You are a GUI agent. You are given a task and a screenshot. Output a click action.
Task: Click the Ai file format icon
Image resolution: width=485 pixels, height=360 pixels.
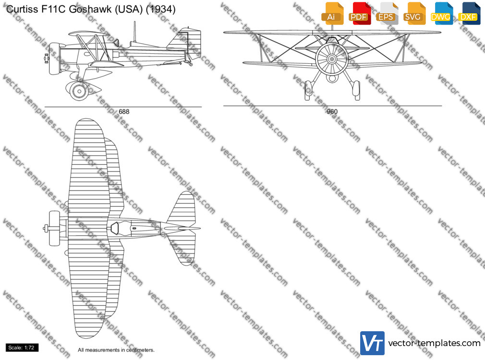(333, 13)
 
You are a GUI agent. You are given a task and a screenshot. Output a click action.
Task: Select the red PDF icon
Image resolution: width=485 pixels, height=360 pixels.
(360, 13)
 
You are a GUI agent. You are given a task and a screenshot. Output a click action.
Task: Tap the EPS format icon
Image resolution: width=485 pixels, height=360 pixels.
(387, 13)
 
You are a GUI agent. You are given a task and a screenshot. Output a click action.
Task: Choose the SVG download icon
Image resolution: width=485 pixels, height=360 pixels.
(414, 13)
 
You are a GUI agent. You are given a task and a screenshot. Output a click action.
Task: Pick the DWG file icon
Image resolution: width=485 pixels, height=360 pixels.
(442, 13)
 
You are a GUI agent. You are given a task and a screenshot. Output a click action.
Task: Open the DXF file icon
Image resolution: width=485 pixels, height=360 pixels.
(469, 13)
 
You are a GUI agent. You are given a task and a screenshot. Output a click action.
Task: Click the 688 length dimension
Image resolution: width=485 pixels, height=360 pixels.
(124, 112)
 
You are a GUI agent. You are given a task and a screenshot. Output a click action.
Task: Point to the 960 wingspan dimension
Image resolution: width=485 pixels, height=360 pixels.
(332, 112)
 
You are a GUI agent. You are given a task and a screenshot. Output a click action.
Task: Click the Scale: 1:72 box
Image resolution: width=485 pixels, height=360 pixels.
(21, 348)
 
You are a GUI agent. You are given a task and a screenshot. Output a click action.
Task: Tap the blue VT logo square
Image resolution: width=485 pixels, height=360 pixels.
(372, 343)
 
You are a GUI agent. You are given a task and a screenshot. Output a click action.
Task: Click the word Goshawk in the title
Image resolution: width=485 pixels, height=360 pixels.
(90, 9)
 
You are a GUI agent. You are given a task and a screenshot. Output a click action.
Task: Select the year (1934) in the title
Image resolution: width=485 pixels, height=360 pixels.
(160, 9)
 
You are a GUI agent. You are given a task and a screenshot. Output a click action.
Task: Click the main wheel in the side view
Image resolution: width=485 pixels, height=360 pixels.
(79, 91)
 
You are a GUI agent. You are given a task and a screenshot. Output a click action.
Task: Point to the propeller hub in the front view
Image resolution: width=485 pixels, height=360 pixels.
(332, 59)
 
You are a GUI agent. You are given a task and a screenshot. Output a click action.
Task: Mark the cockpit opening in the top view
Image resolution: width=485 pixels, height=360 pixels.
(115, 228)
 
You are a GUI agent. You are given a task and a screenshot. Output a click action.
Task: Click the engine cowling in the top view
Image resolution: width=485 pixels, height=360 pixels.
(55, 228)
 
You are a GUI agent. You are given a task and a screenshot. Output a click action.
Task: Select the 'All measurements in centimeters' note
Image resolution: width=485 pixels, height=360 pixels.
(116, 350)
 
